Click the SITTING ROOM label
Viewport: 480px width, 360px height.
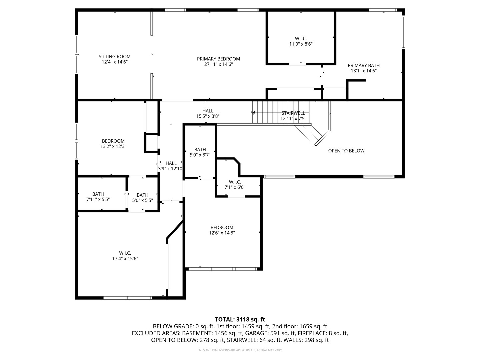(x=114, y=57)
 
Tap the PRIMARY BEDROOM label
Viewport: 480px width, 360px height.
(x=218, y=59)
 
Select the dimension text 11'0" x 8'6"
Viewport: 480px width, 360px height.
(x=301, y=44)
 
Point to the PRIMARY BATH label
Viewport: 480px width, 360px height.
(x=364, y=66)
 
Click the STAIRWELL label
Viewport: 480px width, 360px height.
(x=293, y=113)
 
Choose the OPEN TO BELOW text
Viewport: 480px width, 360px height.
(x=346, y=151)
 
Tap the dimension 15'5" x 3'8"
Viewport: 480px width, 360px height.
(x=208, y=116)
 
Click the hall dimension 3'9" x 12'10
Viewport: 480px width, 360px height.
(x=170, y=169)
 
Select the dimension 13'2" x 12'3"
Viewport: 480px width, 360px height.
(x=113, y=146)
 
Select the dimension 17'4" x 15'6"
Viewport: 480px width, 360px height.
(x=125, y=258)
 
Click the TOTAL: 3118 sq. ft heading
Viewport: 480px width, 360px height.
(x=240, y=319)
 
